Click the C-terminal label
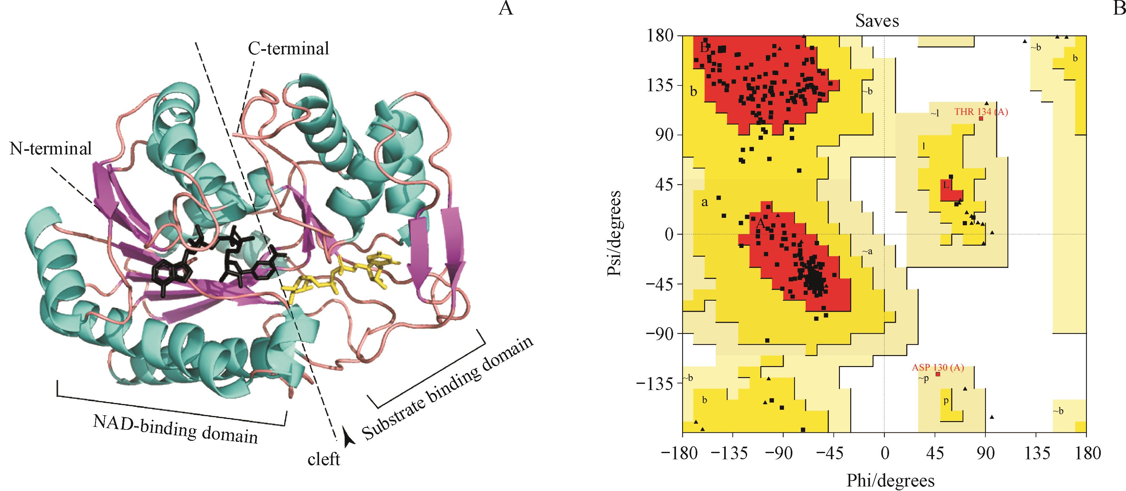click(288, 49)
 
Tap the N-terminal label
click(51, 149)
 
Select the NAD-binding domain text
click(175, 428)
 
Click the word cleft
click(324, 460)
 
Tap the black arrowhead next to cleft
click(349, 438)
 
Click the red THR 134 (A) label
click(981, 112)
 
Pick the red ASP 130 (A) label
click(938, 368)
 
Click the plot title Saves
click(877, 21)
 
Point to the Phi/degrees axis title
click(890, 481)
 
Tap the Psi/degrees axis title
click(614, 233)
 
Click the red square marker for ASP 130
click(938, 374)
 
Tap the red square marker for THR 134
click(981, 118)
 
